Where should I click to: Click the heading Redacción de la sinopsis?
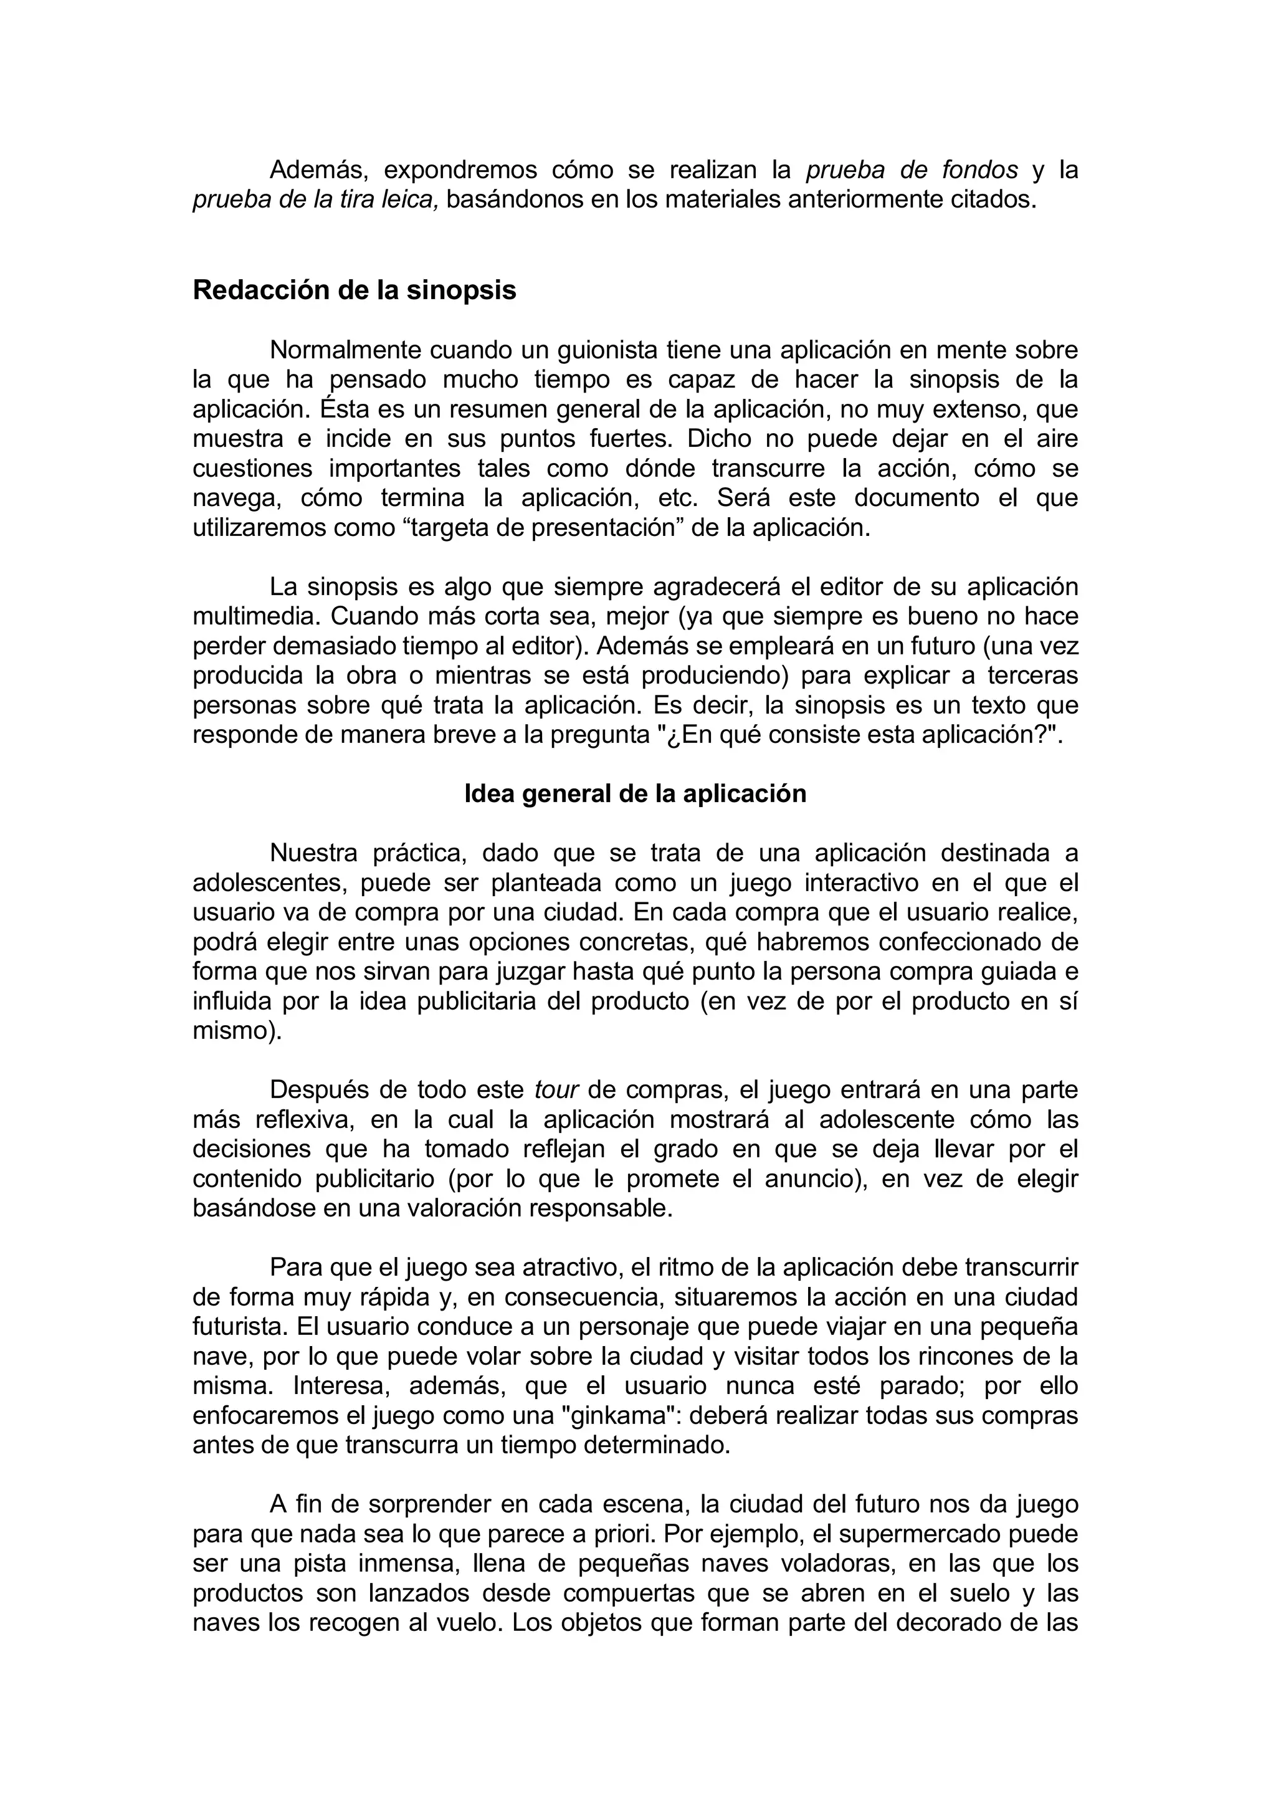tap(354, 290)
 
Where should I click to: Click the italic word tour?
tap(556, 1089)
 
